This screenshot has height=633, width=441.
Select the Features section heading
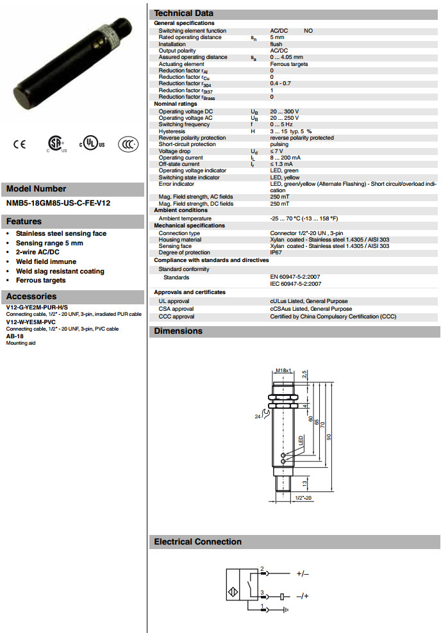click(x=24, y=222)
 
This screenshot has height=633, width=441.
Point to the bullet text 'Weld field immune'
click(x=46, y=261)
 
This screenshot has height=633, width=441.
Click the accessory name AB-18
click(x=15, y=336)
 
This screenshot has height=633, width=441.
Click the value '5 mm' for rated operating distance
click(x=277, y=37)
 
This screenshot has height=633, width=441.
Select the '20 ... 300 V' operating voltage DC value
click(x=285, y=111)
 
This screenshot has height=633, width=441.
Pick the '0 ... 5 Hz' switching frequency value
click(x=281, y=124)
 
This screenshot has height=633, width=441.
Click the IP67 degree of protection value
click(x=276, y=252)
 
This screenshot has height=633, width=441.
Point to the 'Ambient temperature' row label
click(x=185, y=218)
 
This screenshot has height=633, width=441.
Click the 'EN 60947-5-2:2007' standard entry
click(x=295, y=277)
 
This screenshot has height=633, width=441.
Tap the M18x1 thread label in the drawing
click(x=283, y=370)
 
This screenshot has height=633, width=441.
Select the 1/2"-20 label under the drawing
click(x=303, y=497)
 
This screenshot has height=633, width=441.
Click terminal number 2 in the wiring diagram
click(x=262, y=568)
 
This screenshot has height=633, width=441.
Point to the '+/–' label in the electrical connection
click(x=303, y=574)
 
